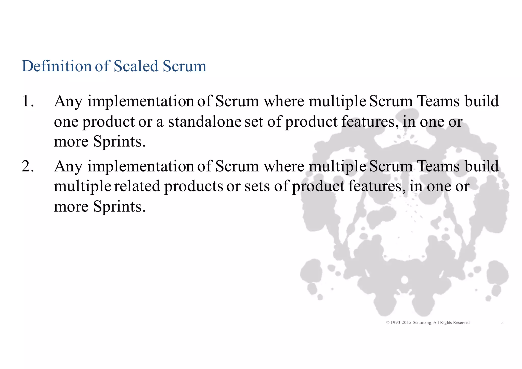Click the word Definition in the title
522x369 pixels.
57,66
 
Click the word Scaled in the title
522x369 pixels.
136,66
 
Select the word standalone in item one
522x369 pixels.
204,122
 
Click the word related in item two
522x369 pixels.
137,186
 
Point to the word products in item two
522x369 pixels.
194,186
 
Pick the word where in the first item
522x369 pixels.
283,101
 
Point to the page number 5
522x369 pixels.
502,323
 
